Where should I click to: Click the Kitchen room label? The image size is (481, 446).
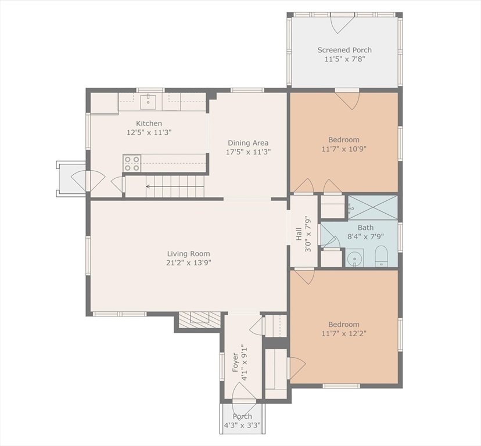pos(149,123)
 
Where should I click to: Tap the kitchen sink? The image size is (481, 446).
pos(148,102)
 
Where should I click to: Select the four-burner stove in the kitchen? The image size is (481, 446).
pos(132,163)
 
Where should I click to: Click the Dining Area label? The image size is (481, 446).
pos(248,143)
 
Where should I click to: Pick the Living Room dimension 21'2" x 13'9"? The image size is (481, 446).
pos(189,263)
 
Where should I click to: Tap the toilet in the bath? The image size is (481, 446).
pos(381,256)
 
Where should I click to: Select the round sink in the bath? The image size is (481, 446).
pos(354,258)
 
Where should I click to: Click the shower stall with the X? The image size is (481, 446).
pos(373,207)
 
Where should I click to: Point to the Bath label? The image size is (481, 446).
pos(365,228)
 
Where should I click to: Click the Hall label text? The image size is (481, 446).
pos(299,235)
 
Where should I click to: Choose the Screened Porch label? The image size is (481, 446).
pos(344,50)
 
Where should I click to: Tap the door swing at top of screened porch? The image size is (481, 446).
pos(342,24)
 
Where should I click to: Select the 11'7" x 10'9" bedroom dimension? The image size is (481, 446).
pos(344,149)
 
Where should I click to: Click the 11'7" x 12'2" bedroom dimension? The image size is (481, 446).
pos(344,333)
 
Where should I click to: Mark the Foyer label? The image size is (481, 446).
pos(235,362)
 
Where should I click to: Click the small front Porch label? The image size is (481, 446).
pos(242,416)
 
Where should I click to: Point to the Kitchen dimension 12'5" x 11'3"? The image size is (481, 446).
pos(149,132)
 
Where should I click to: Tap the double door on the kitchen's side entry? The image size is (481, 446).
pos(88,180)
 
